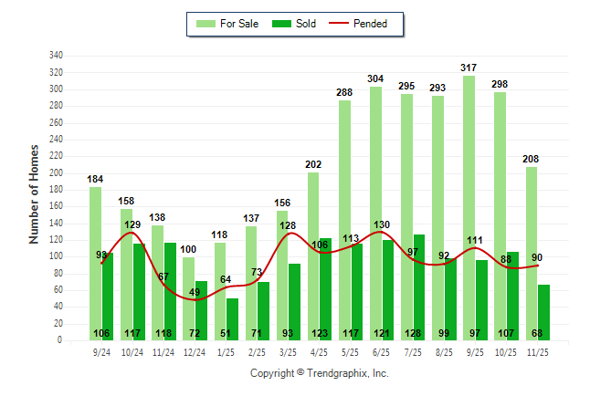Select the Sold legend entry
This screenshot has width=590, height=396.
296,24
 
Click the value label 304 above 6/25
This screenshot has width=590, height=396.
375,78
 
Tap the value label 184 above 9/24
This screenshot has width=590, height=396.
96,179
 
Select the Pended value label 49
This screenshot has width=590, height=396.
195,292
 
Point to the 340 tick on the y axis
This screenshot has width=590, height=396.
57,56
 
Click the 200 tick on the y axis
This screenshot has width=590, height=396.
57,173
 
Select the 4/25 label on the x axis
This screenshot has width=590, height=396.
320,351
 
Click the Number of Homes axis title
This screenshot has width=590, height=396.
35,193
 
